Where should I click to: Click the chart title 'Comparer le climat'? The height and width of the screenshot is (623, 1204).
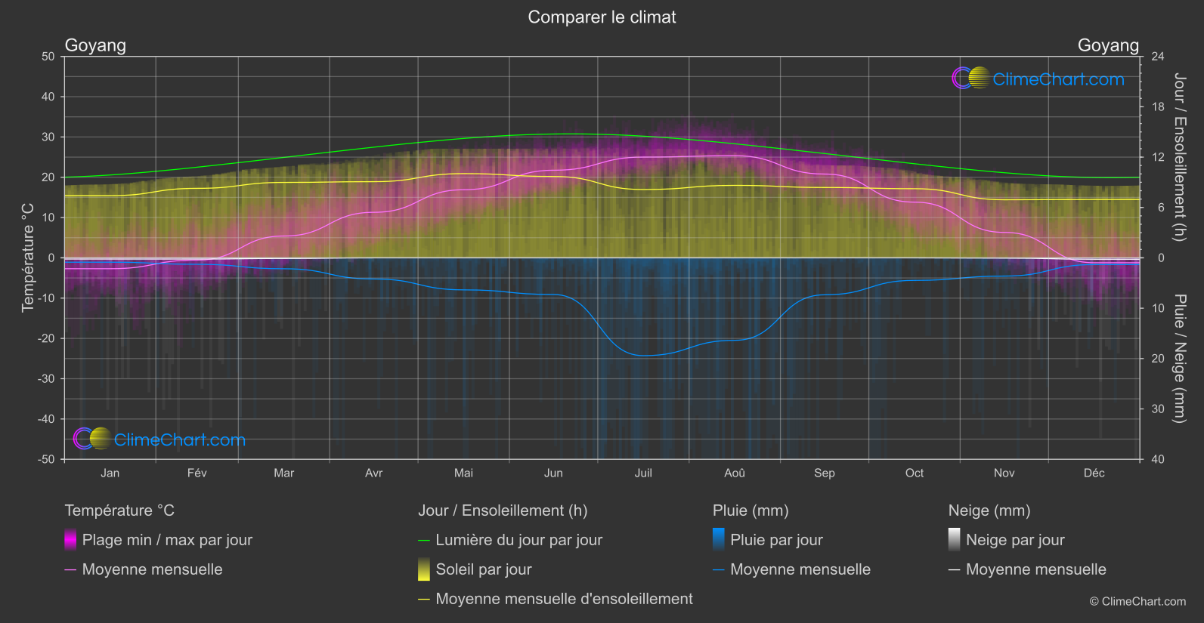coord(602,17)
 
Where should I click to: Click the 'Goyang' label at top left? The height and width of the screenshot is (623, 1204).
coord(95,45)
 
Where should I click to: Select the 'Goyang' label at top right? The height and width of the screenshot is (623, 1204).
coord(1107,45)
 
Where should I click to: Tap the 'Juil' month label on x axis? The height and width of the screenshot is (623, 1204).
coord(643,473)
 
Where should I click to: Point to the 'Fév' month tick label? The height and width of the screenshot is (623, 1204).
coord(197,473)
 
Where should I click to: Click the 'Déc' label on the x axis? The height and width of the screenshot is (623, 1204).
coord(1094,473)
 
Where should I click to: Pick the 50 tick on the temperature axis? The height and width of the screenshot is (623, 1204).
coord(48,57)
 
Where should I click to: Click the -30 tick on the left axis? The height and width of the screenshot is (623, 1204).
coord(47,379)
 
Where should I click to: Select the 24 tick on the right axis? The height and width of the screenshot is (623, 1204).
coord(1157,57)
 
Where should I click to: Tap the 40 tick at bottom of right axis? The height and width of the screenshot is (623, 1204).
coord(1157,459)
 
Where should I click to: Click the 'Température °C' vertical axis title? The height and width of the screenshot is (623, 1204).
coord(28,258)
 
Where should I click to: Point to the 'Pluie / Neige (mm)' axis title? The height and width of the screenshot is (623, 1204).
coord(1179,359)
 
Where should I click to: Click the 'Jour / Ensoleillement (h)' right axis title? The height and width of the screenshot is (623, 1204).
coord(1179,157)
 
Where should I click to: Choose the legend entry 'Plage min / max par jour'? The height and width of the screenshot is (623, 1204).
coord(167,540)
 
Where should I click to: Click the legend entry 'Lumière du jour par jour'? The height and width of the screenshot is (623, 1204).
coord(518,540)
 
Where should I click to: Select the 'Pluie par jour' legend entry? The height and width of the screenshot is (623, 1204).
coord(776,540)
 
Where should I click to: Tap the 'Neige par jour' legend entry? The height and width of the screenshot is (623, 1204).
coord(1015,540)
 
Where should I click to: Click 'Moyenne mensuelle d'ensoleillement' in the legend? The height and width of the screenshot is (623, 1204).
coord(564,599)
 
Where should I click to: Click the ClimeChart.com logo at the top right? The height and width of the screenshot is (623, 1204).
coord(1038,79)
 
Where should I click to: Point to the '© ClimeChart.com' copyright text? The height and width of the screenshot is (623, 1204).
coord(1137,602)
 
